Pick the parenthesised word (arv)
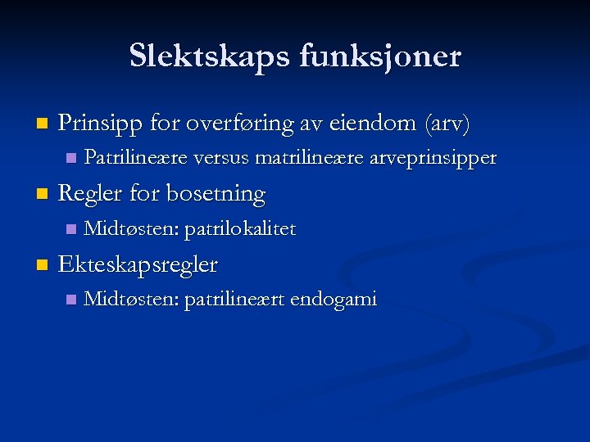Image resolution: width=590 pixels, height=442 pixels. [447, 124]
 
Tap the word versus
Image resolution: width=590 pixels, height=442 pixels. [223, 157]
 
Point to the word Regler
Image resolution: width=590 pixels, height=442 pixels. [88, 195]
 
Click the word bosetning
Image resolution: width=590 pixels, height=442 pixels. [216, 195]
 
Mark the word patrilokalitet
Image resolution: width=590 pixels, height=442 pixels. [240, 229]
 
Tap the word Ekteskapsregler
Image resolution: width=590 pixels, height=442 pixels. [138, 265]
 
